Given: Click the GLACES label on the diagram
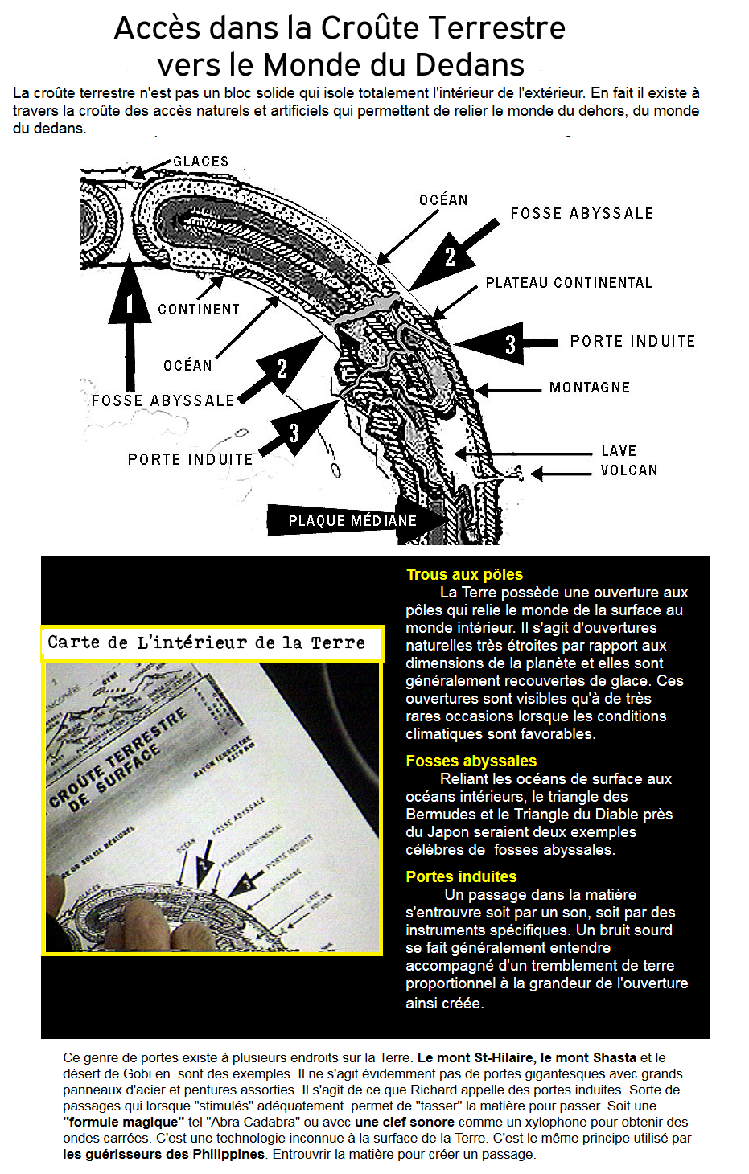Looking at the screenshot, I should pos(201,162).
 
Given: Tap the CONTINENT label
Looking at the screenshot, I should pos(199,310).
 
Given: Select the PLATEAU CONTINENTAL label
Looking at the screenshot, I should pos(569,283).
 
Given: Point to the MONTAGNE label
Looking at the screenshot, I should pos(590,388).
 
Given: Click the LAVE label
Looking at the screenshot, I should pos(619,451).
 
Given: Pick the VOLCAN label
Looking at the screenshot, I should pos(629,470).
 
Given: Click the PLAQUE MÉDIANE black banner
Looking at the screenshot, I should pos(352,521).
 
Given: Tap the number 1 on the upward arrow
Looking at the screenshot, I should pos(130,304).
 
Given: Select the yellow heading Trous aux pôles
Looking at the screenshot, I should pos(464,574).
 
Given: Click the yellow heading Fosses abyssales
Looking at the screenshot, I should pos(471,761).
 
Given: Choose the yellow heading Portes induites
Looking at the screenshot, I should pos(461,876).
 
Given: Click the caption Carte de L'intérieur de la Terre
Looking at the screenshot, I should pos(206,642).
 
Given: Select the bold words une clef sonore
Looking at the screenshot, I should pos(405,1122).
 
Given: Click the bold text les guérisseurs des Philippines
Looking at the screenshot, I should pos(164,1154).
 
